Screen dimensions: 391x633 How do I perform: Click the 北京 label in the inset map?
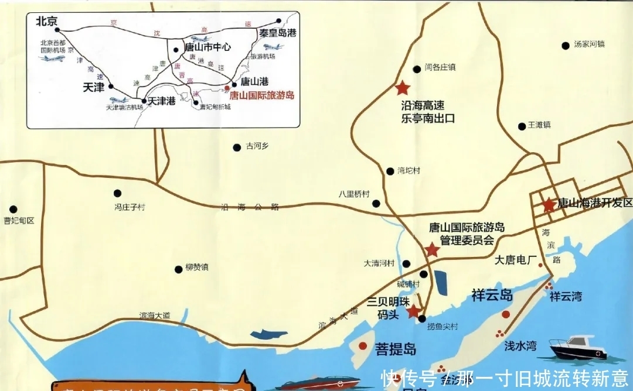coord(46,21)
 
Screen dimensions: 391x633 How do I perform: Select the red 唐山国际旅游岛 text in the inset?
coord(261,95)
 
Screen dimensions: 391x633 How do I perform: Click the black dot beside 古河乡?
coord(237,148)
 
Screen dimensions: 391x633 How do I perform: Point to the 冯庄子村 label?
coord(129,206)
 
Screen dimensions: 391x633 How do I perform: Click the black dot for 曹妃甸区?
coord(13,208)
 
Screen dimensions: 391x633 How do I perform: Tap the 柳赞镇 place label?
coord(196,267)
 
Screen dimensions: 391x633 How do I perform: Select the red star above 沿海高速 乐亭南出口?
coord(402,88)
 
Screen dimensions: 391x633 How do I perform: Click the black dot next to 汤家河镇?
coord(566,46)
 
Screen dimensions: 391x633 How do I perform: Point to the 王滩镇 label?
coord(539,125)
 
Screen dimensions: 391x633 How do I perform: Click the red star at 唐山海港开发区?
coord(548,205)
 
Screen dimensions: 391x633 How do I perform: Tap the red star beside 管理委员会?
coord(432,250)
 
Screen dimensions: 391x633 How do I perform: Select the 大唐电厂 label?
coord(516,259)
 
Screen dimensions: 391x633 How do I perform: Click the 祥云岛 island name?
coord(492,295)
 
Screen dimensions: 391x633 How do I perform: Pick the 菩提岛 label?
coord(396,349)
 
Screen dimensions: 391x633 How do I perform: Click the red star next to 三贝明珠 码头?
coord(414,310)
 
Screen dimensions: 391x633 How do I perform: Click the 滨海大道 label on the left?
coord(155,315)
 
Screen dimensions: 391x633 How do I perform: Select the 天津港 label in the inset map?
coord(161,101)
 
